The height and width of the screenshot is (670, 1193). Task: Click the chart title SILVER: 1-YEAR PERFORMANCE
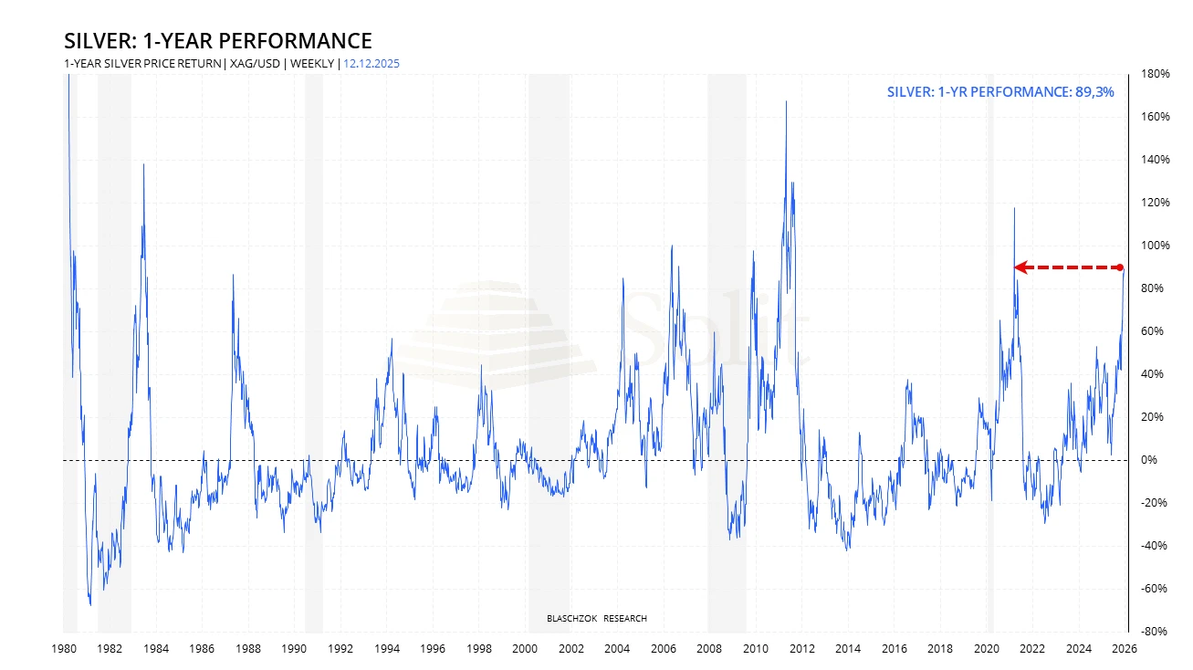[217, 41]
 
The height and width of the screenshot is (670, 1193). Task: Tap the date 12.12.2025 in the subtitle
[372, 64]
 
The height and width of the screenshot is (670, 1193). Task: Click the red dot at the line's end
[1121, 267]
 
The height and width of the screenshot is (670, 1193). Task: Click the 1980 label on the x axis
[63, 649]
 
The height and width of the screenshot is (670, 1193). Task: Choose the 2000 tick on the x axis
[525, 649]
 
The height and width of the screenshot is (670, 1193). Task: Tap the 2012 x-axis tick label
[802, 649]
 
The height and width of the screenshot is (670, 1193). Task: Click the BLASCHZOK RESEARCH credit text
[596, 619]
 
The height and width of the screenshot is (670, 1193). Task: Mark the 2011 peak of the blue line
[786, 101]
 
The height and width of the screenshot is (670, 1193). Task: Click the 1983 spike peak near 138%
[143, 164]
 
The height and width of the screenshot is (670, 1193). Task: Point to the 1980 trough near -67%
[90, 603]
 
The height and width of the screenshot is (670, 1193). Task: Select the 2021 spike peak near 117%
[1014, 209]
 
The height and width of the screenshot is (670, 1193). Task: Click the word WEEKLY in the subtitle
[313, 64]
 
